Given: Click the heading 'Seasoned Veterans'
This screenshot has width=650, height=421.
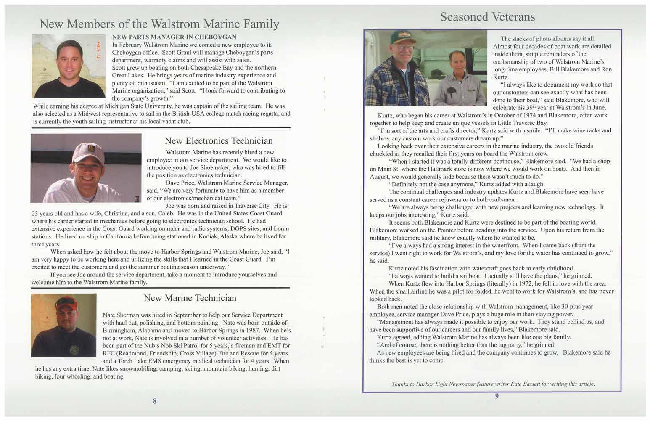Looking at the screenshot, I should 488,16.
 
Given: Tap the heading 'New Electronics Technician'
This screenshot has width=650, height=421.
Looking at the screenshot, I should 219,140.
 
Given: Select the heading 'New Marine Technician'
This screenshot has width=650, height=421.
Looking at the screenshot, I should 190,298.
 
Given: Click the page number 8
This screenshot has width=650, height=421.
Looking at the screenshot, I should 155,401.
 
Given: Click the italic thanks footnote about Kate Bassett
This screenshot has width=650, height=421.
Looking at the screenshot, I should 493,384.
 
